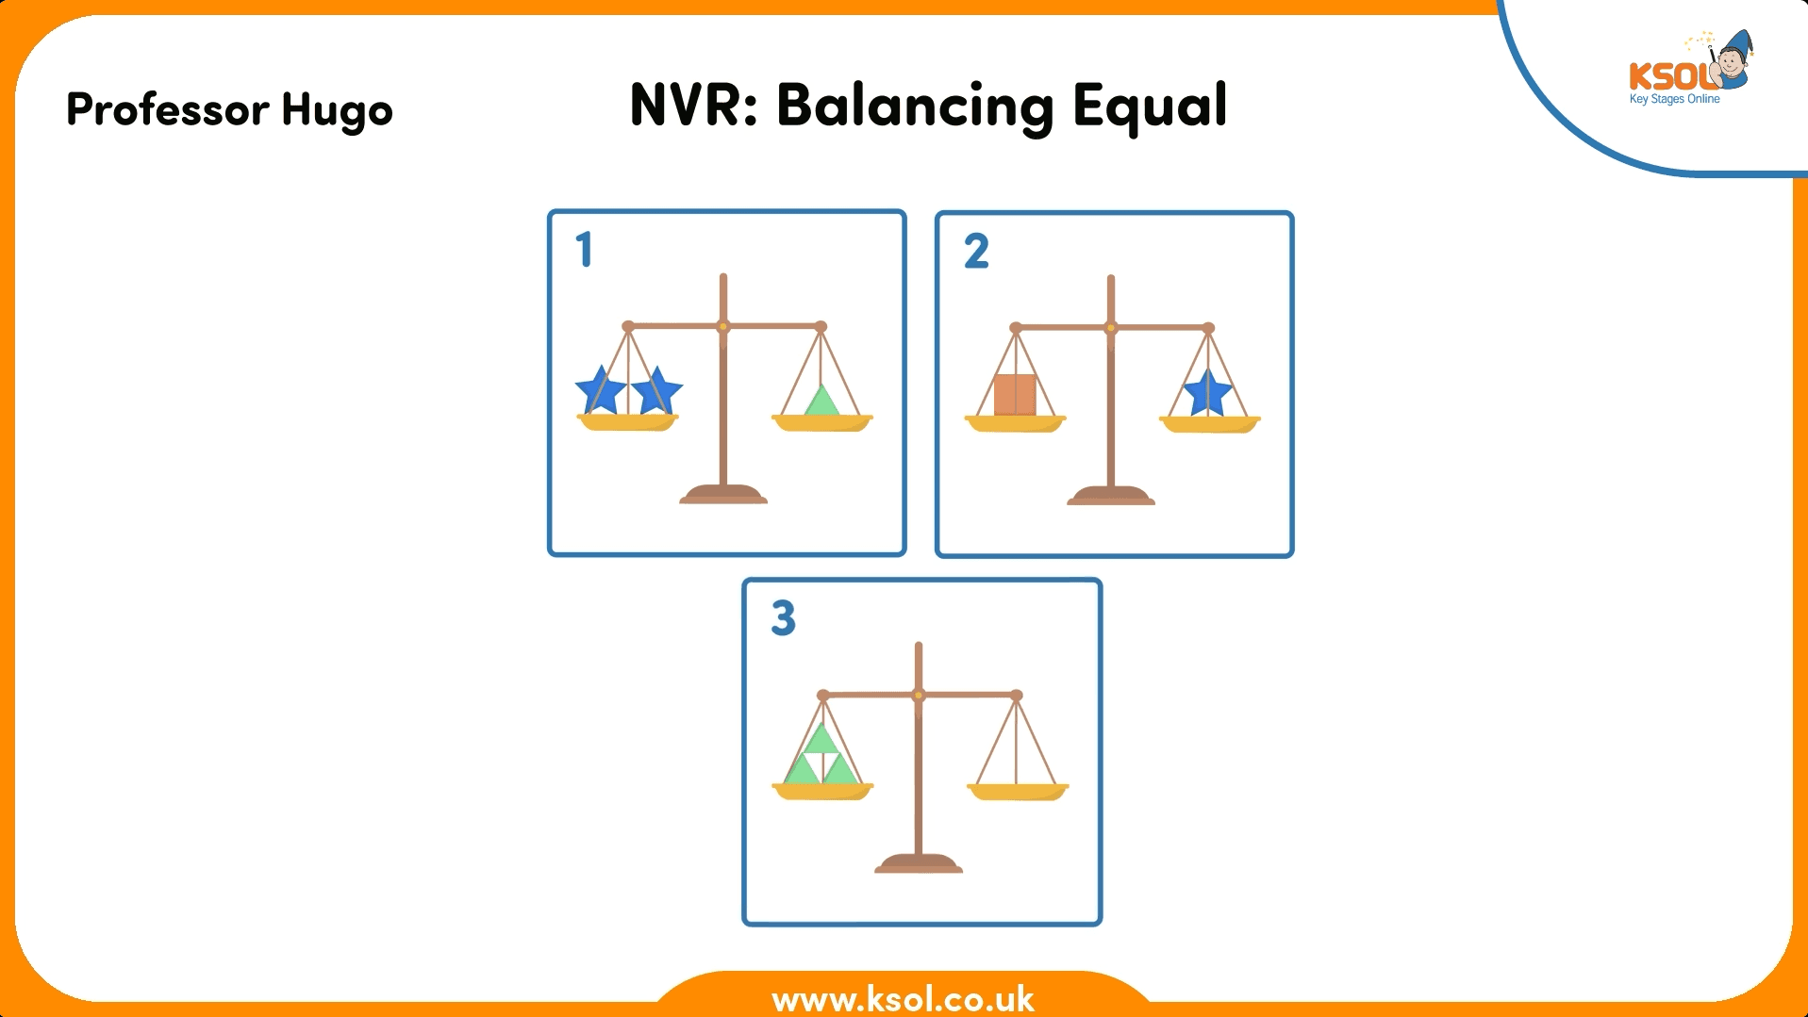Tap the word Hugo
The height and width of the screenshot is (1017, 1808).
click(x=337, y=111)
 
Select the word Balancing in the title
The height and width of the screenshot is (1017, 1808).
click(x=915, y=106)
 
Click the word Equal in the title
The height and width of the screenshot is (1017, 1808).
click(x=1150, y=106)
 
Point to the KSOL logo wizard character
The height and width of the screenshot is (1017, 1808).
click(x=1732, y=60)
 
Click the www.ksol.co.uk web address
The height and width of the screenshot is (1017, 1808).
click(x=903, y=998)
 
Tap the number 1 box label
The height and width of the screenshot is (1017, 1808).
click(x=584, y=250)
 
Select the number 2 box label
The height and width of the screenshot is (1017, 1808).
click(x=976, y=251)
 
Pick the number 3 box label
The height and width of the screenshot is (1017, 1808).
click(x=783, y=618)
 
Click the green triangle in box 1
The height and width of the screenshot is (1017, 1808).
click(x=822, y=402)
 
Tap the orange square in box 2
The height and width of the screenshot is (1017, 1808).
click(x=1015, y=395)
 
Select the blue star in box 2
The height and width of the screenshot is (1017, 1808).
click(x=1207, y=392)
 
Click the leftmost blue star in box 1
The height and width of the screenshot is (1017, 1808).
click(x=601, y=390)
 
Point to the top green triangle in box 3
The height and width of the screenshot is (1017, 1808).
click(x=821, y=739)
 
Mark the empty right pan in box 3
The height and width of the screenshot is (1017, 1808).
click(x=1018, y=792)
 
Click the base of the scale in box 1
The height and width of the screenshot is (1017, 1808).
click(x=723, y=494)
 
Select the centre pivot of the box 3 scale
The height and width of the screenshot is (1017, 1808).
click(x=919, y=696)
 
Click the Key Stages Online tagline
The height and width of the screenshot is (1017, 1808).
click(x=1674, y=99)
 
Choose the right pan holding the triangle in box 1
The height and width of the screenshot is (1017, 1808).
click(x=822, y=423)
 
